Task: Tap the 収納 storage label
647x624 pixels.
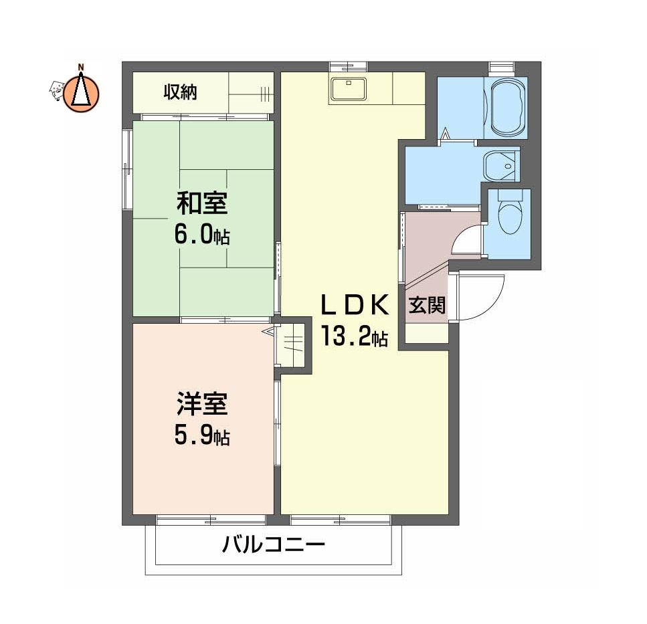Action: (x=181, y=92)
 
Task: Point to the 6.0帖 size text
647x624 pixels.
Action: (x=202, y=235)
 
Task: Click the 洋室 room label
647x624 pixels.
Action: (x=202, y=404)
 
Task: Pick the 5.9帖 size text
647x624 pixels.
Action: (x=202, y=435)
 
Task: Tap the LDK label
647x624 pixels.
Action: (x=355, y=305)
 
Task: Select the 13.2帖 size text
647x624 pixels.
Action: (x=355, y=336)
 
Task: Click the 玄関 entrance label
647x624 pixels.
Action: (x=427, y=306)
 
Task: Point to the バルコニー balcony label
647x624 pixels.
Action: (x=274, y=545)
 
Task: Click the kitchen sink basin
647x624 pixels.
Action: (x=349, y=89)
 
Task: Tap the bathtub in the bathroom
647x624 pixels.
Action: (x=505, y=107)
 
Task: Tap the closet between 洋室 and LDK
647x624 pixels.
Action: (x=292, y=345)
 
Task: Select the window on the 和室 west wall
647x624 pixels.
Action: (x=127, y=170)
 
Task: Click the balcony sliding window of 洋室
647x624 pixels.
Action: (x=211, y=520)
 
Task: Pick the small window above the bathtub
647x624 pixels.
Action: (x=502, y=67)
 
